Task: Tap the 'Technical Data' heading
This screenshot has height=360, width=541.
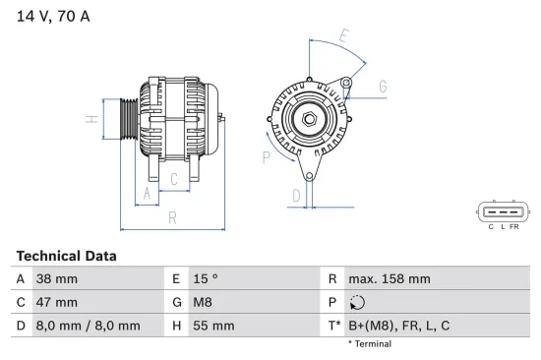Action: (x=66, y=256)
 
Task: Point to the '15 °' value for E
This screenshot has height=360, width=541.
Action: (x=206, y=279)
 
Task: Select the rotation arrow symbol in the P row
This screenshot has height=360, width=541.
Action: (x=357, y=303)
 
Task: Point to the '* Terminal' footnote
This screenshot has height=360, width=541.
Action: (x=369, y=344)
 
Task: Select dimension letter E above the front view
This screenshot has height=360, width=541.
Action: (x=343, y=36)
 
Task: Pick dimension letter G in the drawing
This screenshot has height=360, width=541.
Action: (x=382, y=87)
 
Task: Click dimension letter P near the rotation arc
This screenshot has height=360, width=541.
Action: (x=267, y=155)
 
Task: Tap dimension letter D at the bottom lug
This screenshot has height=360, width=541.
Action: (x=295, y=196)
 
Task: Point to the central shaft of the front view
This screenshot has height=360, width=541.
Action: (x=308, y=119)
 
